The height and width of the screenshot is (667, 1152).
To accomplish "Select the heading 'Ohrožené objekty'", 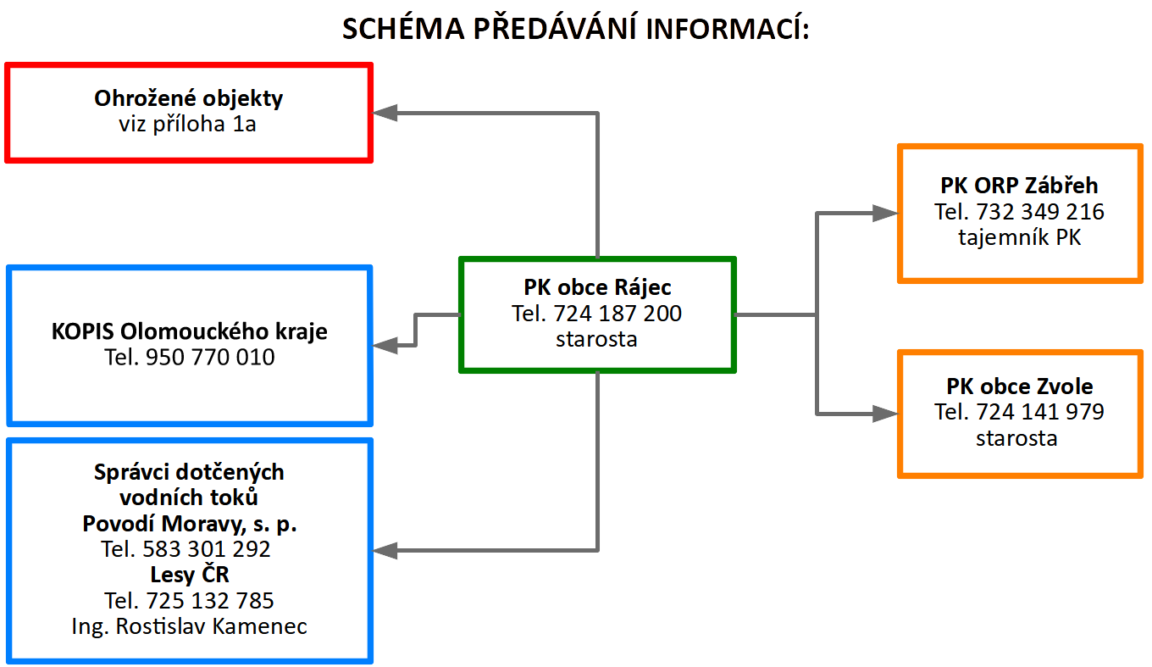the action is (188, 98).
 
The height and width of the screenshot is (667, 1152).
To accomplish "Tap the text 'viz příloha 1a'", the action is (187, 124).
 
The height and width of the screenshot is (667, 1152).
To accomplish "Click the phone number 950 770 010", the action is (210, 357).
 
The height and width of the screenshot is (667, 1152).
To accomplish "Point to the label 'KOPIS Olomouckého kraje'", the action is (189, 331).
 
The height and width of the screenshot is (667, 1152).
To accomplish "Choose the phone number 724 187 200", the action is (618, 314).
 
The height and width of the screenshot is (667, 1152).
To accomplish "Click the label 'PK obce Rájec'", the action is (597, 287).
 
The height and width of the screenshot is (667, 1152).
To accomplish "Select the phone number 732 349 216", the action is (1040, 212).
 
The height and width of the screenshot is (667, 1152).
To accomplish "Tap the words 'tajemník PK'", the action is (1019, 238).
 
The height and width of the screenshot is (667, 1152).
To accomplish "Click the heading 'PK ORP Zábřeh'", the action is (1019, 186).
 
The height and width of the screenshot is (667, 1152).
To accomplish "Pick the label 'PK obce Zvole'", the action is (1019, 386).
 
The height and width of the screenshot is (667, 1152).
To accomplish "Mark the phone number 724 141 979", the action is (1040, 412).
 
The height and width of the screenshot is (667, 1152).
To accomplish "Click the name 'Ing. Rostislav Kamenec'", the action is (189, 626).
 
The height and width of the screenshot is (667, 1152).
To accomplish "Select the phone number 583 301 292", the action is (206, 549).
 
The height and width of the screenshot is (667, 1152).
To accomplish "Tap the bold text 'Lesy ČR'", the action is (189, 575).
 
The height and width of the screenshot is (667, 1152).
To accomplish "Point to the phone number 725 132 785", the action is (210, 601).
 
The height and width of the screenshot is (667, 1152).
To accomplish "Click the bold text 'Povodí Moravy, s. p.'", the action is (189, 524).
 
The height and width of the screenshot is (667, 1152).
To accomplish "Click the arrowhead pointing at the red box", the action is (385, 113).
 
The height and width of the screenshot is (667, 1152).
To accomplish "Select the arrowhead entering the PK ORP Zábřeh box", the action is (885, 213).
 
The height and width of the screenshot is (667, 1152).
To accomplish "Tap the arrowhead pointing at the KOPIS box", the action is (385, 345).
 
